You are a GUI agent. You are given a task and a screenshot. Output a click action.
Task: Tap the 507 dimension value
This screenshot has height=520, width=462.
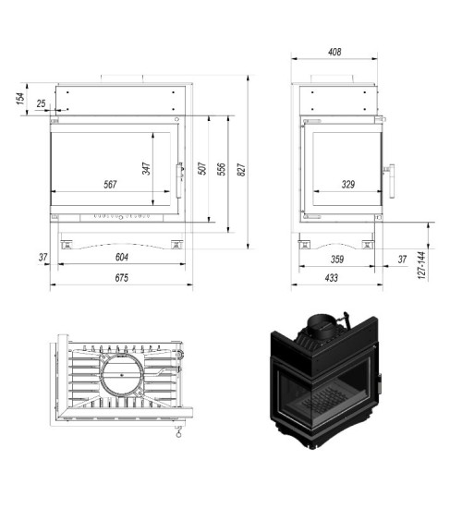pyautogui.click(x=201, y=170)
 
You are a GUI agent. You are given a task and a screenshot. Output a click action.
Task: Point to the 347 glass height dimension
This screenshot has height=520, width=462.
pyautogui.click(x=147, y=170)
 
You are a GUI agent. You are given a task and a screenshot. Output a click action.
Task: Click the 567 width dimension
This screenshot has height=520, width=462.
pyautogui.click(x=110, y=185)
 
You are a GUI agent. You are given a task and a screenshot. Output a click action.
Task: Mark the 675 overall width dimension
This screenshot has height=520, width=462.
pyautogui.click(x=120, y=277)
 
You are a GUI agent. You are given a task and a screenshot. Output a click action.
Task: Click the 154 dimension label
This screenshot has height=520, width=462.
pyautogui.click(x=20, y=99)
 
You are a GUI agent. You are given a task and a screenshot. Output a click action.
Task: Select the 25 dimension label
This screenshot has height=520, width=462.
pyautogui.click(x=42, y=103)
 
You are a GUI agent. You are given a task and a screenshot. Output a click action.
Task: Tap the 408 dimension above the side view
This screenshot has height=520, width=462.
pyautogui.click(x=334, y=53)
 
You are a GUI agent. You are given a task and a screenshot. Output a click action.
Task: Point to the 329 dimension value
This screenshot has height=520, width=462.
pyautogui.click(x=347, y=185)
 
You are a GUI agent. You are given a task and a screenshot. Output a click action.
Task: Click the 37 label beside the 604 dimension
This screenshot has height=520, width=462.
pyautogui.click(x=43, y=256)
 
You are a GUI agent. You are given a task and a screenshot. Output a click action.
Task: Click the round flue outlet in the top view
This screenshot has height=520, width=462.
pyautogui.click(x=121, y=379)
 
